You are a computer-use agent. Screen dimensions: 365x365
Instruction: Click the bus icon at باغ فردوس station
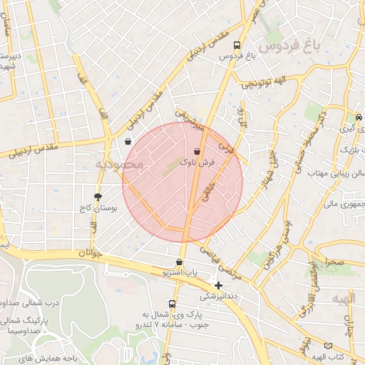[x=237, y=45]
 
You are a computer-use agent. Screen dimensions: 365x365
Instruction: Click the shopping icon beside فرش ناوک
[x=197, y=150]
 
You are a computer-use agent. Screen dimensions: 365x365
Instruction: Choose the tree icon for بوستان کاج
[x=98, y=196]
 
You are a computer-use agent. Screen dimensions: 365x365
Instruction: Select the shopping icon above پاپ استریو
[x=179, y=262]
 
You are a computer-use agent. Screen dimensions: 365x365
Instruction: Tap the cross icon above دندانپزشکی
[x=218, y=285]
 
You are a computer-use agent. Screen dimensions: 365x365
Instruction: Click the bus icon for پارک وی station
[x=171, y=303]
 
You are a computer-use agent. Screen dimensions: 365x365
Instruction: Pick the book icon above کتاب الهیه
[x=327, y=345]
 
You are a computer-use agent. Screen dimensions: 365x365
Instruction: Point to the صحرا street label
[x=336, y=262]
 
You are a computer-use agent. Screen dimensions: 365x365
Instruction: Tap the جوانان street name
[x=93, y=253]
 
